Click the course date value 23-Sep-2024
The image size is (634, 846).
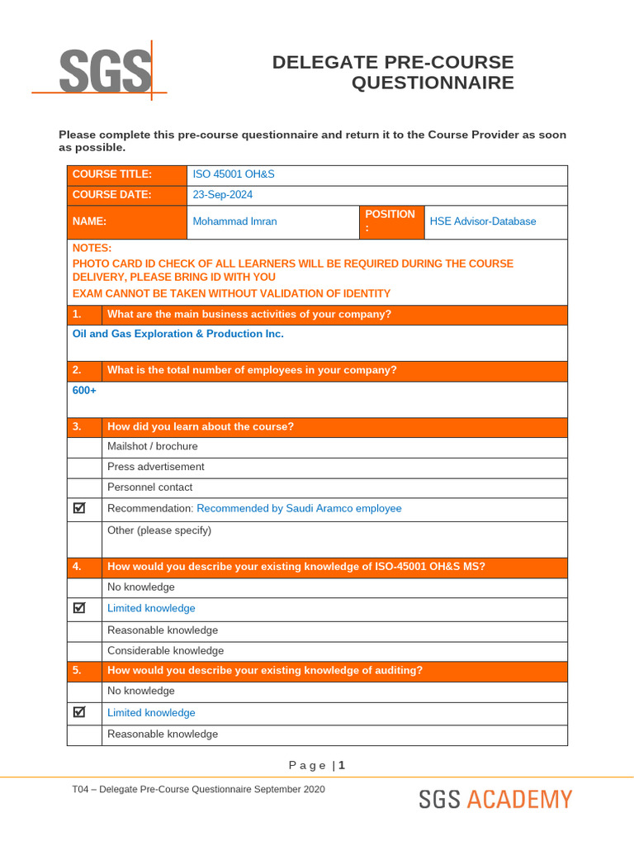[222, 195]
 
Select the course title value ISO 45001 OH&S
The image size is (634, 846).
[233, 174]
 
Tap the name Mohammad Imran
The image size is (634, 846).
[234, 221]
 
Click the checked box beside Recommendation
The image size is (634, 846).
[80, 508]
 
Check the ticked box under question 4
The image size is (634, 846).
[80, 608]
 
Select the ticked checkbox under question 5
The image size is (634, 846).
[80, 712]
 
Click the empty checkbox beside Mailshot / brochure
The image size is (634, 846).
[84, 446]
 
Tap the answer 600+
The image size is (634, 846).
[84, 390]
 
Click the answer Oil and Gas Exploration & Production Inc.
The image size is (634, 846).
[177, 334]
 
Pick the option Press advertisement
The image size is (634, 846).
[155, 467]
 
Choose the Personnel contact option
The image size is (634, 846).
[149, 487]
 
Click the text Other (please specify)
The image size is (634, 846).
[159, 530]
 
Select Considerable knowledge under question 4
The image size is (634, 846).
[165, 651]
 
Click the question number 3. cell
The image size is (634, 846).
[84, 426]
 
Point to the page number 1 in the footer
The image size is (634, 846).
[342, 765]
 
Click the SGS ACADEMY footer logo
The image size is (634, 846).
[494, 800]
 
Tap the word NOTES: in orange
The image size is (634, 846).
[92, 248]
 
